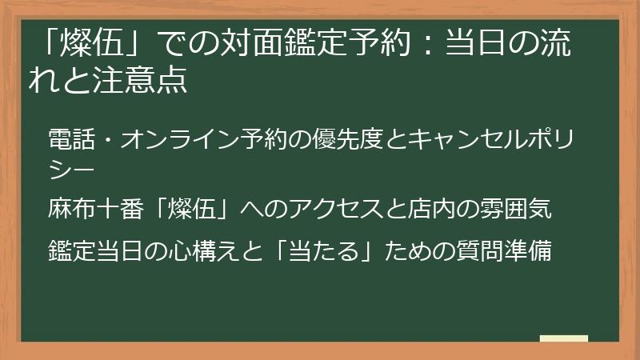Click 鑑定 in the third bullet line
[x=70, y=250]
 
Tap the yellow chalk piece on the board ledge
[x=564, y=339]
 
